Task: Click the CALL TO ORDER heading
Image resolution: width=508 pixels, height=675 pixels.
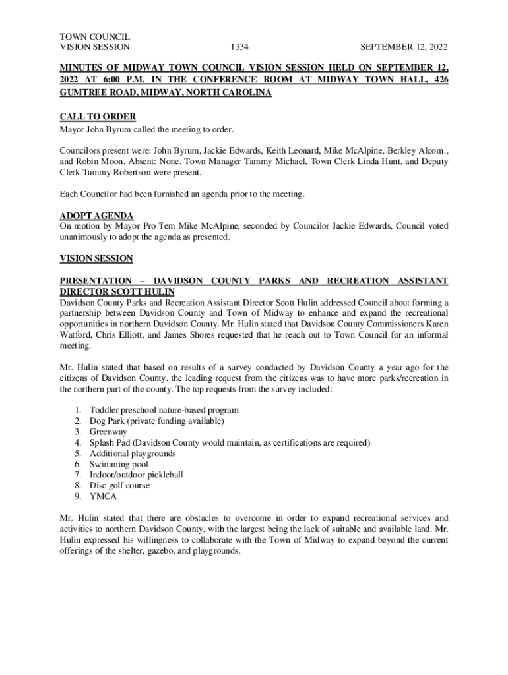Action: coord(98,117)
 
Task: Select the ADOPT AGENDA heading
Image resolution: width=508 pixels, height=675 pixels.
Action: coord(96,216)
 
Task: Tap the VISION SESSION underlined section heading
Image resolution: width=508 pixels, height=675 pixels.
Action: coord(96,259)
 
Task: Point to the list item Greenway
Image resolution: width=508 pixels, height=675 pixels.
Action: coord(108,432)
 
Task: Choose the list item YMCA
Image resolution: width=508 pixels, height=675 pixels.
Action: coord(103,496)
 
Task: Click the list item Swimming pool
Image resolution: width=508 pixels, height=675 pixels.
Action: coord(119,464)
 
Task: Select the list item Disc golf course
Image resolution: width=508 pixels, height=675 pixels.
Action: coord(119,486)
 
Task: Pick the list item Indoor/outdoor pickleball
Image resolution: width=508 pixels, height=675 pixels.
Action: coord(136,475)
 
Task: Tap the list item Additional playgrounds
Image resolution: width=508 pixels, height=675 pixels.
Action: coord(133,454)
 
